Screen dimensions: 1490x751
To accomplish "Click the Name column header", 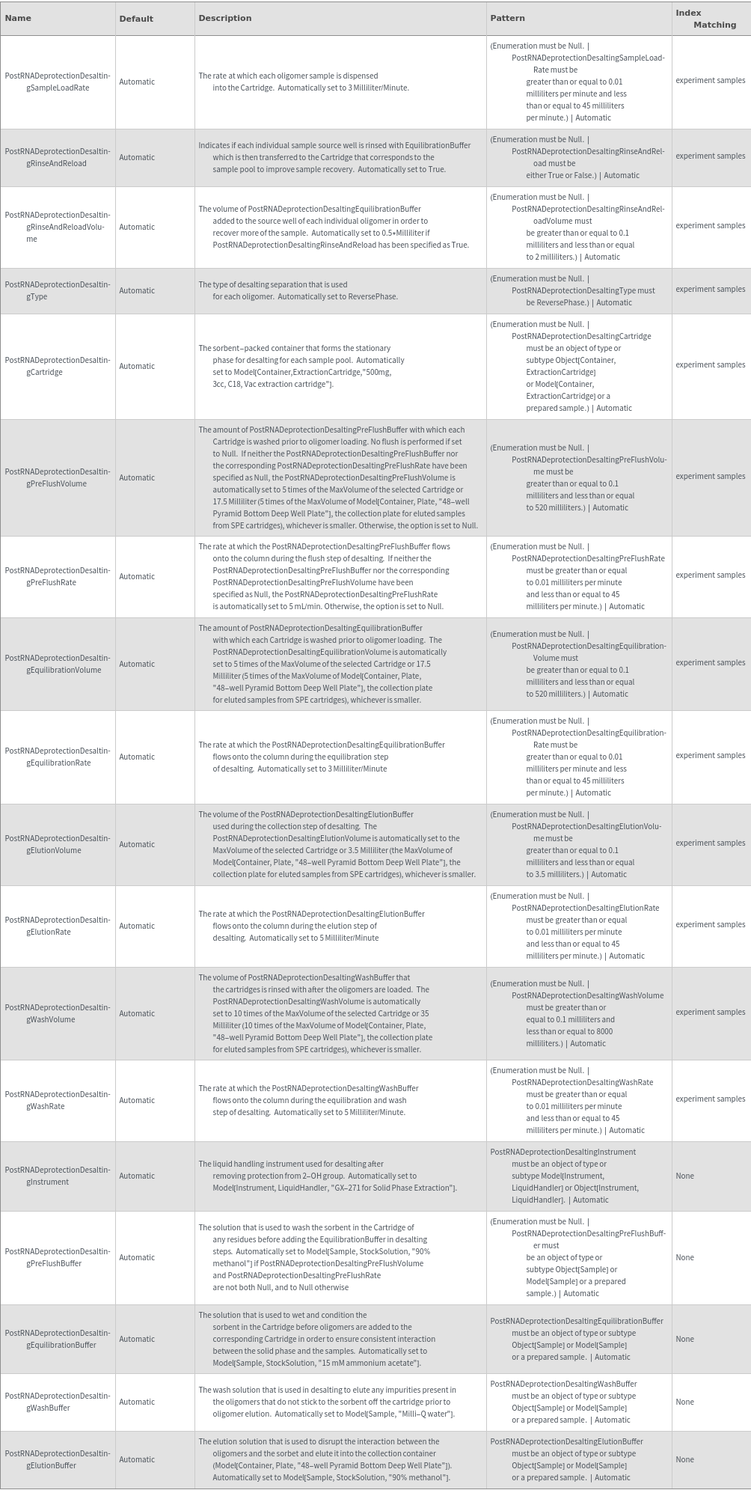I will click(x=18, y=18).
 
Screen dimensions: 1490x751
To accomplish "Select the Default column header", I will click(x=135, y=19).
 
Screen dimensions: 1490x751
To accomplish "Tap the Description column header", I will click(x=224, y=18).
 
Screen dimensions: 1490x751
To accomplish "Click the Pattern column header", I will click(x=507, y=18).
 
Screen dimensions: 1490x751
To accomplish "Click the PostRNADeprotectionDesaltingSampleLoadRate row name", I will click(x=58, y=82).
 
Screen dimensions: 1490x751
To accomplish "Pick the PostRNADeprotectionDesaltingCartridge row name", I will click(x=58, y=366).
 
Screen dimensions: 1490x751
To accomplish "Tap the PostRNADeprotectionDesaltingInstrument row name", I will click(x=58, y=1176).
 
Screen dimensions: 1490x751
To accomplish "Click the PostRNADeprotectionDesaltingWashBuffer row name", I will click(x=58, y=1402).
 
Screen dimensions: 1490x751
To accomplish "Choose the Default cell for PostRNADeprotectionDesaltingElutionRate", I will click(x=137, y=926).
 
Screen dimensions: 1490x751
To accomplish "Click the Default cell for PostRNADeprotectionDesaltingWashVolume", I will click(x=137, y=1013).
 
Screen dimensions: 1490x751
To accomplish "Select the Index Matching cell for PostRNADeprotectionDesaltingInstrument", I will click(x=684, y=1176).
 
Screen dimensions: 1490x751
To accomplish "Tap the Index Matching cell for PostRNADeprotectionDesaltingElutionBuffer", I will click(x=684, y=1459).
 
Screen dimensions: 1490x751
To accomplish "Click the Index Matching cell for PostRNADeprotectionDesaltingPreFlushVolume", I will click(x=710, y=476).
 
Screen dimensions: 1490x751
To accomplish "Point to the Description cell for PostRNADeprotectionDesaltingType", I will click(x=298, y=290).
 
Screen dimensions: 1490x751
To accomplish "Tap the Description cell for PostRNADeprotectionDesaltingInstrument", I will click(x=327, y=1176).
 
